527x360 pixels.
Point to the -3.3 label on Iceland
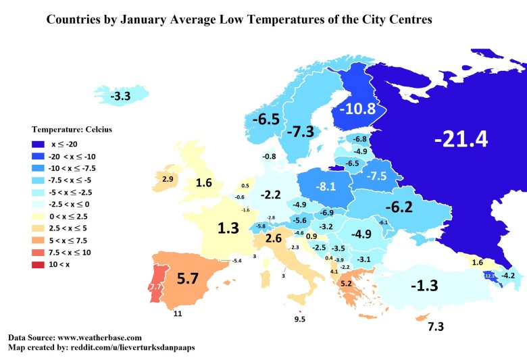click(x=121, y=97)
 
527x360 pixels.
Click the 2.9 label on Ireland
click(x=168, y=178)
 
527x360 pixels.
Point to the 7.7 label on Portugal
click(x=155, y=287)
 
